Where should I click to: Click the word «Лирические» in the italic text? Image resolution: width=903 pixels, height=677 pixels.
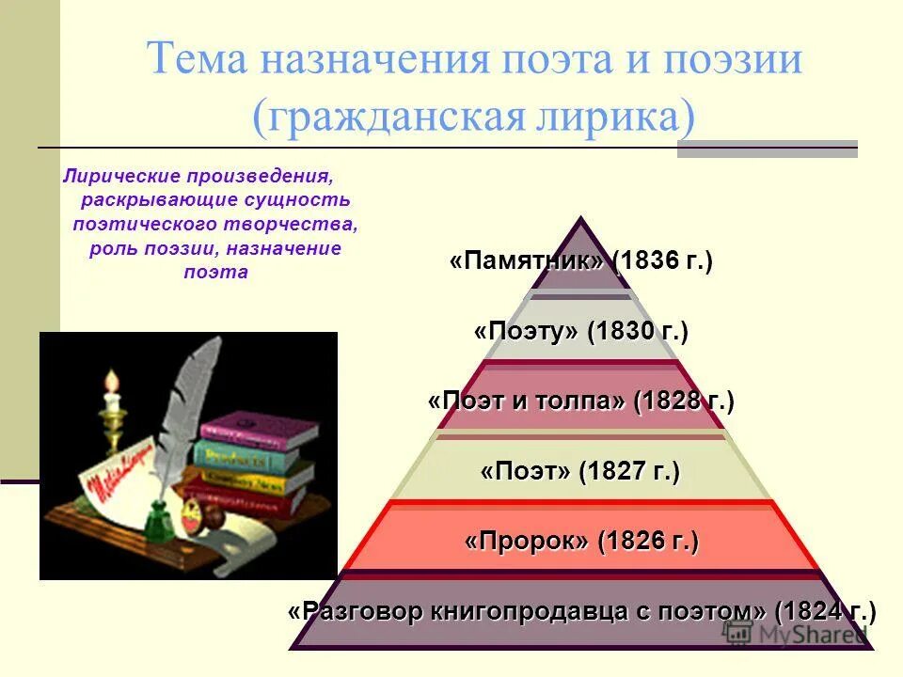click(121, 176)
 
